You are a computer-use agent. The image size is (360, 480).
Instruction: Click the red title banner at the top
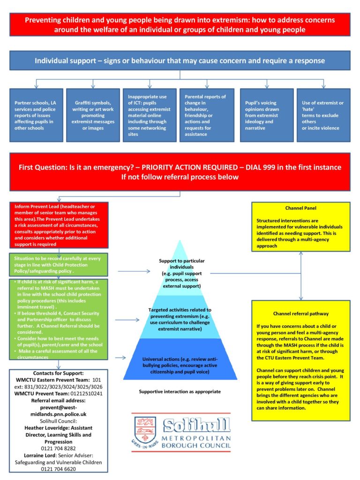[180, 24]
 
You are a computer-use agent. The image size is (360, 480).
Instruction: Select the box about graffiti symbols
[93, 115]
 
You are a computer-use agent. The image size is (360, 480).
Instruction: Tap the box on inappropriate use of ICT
[150, 115]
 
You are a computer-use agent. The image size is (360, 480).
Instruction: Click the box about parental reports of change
[207, 115]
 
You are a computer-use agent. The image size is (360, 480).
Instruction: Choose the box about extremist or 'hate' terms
[323, 115]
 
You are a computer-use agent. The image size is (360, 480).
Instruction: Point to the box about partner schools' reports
[36, 115]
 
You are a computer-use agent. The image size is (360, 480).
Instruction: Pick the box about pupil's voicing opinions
[267, 115]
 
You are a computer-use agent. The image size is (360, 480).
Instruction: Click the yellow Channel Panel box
[301, 227]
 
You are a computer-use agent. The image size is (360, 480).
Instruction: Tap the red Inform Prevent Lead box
[59, 225]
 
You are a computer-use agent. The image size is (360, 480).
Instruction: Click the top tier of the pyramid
[180, 270]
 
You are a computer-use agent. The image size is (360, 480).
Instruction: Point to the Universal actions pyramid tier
[180, 359]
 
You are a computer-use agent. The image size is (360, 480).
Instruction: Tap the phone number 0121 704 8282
[58, 449]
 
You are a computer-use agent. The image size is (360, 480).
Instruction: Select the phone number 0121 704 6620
[58, 469]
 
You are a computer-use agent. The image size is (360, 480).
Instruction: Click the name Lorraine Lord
[40, 456]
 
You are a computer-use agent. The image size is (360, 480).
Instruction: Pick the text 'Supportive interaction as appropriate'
[180, 391]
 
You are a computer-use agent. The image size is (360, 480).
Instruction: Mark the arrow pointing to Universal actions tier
[120, 358]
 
